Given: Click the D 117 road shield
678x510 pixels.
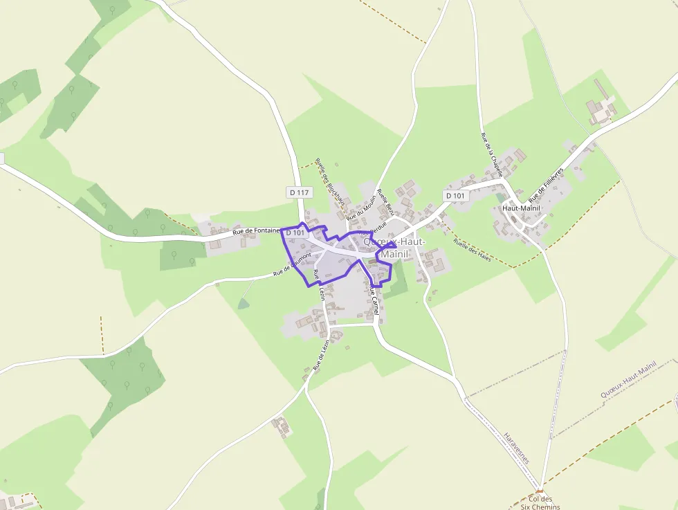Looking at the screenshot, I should click(x=300, y=192).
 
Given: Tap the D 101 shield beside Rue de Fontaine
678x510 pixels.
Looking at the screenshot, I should click(x=295, y=233).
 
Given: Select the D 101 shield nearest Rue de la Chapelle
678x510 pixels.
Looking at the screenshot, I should click(x=456, y=196).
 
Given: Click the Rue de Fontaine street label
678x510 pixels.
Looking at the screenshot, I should click(x=256, y=231).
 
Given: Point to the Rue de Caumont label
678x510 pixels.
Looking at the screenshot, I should click(x=292, y=264).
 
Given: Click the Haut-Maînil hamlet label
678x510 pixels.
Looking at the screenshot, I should click(x=522, y=208).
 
